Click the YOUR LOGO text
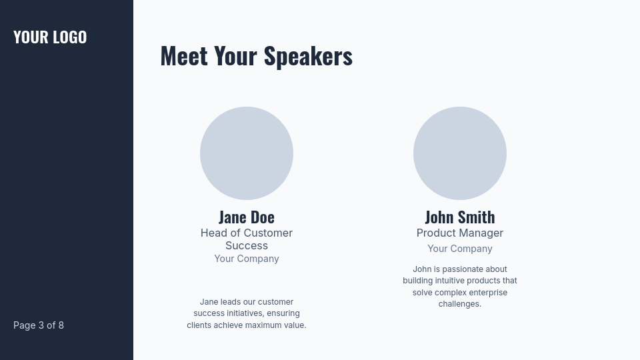[x=50, y=37]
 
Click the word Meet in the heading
[x=185, y=55]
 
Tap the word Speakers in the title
[x=308, y=55]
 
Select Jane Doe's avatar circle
[x=247, y=153]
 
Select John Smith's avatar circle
[x=460, y=153]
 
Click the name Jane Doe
[x=247, y=217]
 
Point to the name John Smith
[x=460, y=217]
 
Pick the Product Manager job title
[x=460, y=233]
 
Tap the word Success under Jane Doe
[x=247, y=245]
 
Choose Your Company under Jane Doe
[x=247, y=259]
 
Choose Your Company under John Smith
[x=460, y=249]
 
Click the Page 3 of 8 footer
[x=39, y=325]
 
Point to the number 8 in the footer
[x=61, y=325]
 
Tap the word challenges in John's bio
[x=460, y=304]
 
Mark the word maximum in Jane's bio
[x=263, y=325]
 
